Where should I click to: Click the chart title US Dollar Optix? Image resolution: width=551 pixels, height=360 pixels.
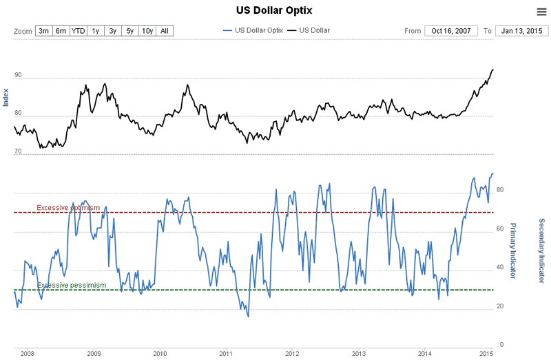tap(275, 10)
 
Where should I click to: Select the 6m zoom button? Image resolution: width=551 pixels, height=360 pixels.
tap(61, 31)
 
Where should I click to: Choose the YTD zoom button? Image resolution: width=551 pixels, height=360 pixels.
tap(79, 31)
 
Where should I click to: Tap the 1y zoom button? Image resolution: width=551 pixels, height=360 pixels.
tap(96, 31)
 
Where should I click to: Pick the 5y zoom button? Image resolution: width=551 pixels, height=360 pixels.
tap(129, 31)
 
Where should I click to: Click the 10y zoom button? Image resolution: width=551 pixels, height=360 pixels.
tap(147, 31)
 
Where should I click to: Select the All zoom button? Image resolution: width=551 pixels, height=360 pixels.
tap(165, 31)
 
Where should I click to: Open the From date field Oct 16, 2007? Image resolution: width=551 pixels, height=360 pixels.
tap(451, 31)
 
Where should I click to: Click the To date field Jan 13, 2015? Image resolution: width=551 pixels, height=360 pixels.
tap(521, 31)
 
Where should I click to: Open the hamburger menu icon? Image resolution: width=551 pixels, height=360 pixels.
tap(541, 11)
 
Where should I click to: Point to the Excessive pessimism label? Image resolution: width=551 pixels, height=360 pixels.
tap(72, 285)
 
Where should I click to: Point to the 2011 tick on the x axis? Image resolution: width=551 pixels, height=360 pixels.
tap(226, 354)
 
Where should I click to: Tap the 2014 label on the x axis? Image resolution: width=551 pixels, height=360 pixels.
tap(425, 354)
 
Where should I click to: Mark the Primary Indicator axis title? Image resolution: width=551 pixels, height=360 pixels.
tap(512, 251)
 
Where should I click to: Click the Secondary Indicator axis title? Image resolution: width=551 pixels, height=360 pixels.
tap(541, 251)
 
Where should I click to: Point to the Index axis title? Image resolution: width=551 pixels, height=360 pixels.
tap(6, 98)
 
